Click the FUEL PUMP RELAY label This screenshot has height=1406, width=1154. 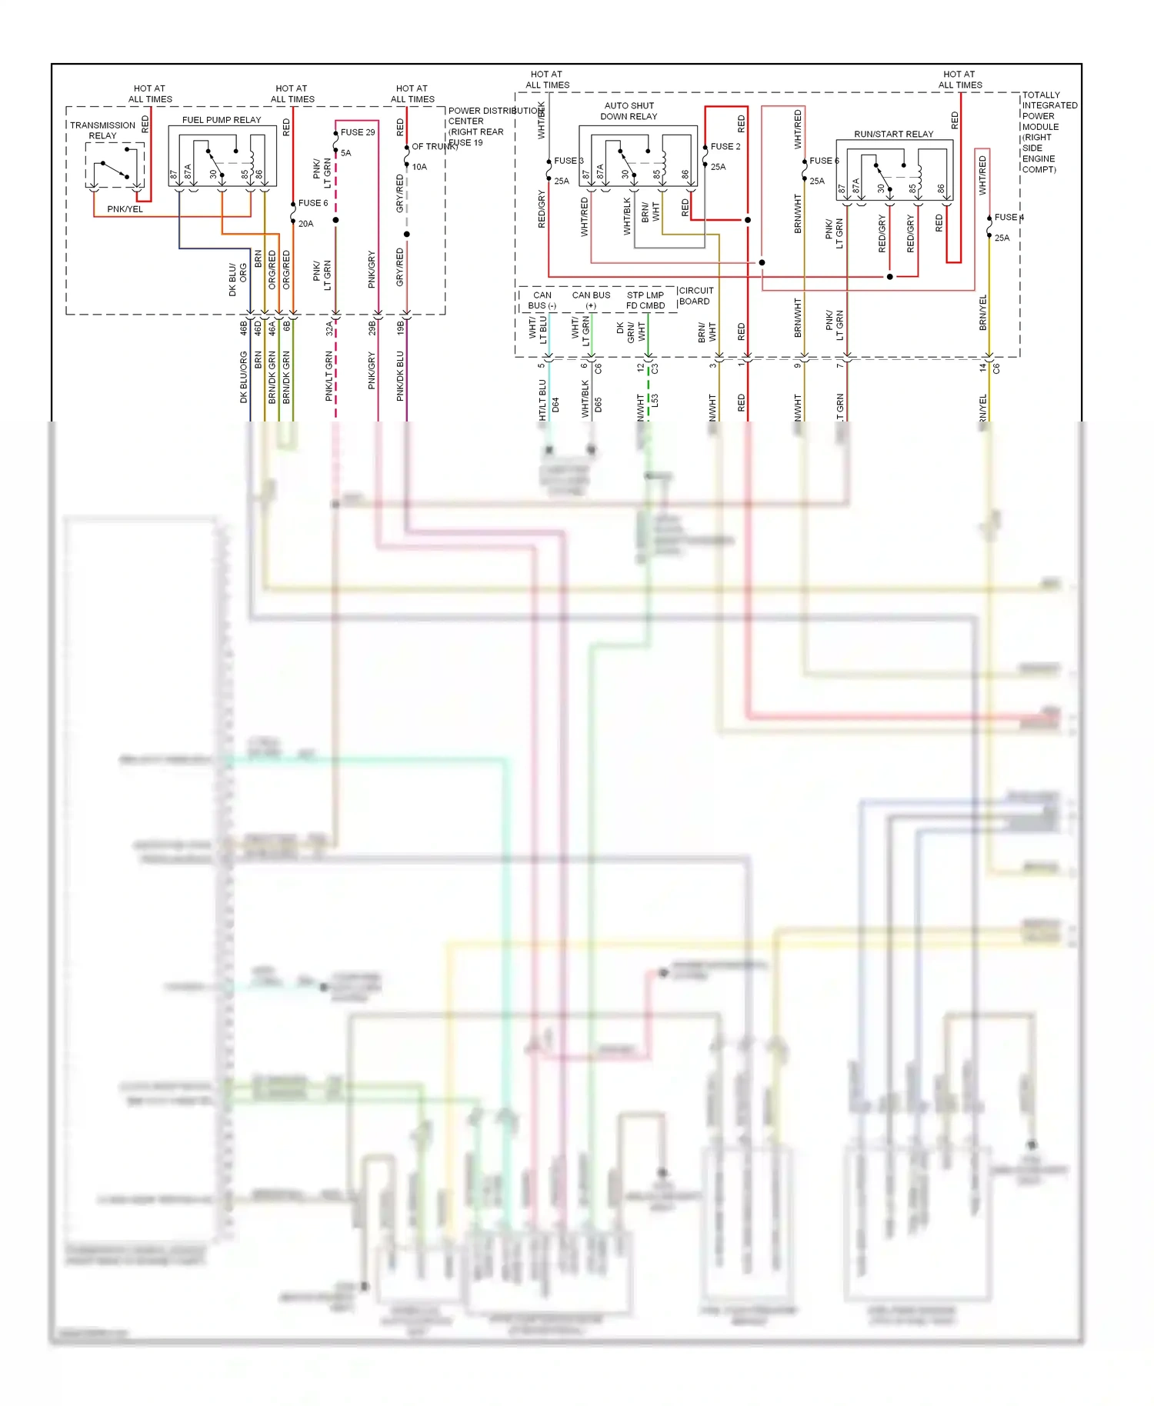pos(221,120)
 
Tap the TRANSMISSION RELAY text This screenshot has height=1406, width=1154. pos(102,130)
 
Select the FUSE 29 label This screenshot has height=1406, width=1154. pos(358,132)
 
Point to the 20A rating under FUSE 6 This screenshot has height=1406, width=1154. pos(305,224)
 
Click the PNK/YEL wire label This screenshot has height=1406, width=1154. pos(125,209)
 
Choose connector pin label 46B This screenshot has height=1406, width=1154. pos(244,328)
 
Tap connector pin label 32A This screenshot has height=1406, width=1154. pos(329,328)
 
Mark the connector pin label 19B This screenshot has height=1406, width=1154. pos(400,328)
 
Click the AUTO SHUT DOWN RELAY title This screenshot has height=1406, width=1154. pos(629,111)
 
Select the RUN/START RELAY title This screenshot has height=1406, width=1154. pos(893,134)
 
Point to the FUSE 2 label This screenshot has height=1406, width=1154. pos(725,146)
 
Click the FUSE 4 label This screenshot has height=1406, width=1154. pos(1009,218)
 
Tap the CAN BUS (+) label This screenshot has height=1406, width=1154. pos(591,300)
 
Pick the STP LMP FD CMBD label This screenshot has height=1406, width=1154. pos(645,300)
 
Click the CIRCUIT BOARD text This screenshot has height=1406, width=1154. pos(695,295)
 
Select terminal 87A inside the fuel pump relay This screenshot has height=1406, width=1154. pos(188,172)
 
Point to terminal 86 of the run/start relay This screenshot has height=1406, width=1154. pos(940,188)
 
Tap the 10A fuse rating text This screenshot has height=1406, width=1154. pos(419,167)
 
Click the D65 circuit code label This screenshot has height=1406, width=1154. pos(598,405)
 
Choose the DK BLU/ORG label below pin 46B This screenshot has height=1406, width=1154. pos(244,377)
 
